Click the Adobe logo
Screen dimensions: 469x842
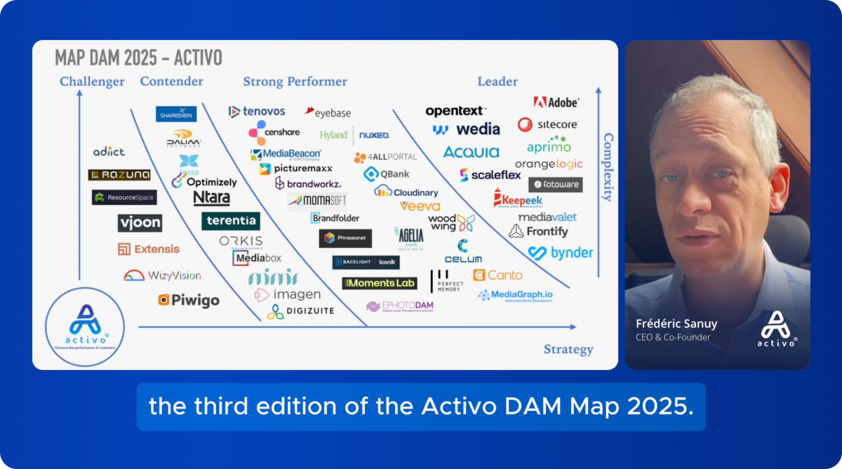pyautogui.click(x=556, y=103)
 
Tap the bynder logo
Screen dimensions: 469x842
pyautogui.click(x=561, y=253)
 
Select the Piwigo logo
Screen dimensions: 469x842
pyautogui.click(x=188, y=300)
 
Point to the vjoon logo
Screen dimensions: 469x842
pyautogui.click(x=140, y=223)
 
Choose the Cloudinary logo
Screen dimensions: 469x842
pyautogui.click(x=406, y=192)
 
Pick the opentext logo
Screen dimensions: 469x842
pyautogui.click(x=455, y=111)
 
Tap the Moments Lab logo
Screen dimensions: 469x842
pyautogui.click(x=380, y=283)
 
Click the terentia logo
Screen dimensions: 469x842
pyautogui.click(x=231, y=221)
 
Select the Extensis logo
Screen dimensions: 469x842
pyautogui.click(x=149, y=249)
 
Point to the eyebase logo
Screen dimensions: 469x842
pyautogui.click(x=328, y=112)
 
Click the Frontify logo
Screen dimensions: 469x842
pyautogui.click(x=538, y=231)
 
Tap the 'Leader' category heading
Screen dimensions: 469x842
pyautogui.click(x=497, y=81)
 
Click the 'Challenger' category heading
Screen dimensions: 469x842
pyautogui.click(x=92, y=81)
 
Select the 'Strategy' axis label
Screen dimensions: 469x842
pyautogui.click(x=568, y=349)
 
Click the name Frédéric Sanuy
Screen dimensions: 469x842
pyautogui.click(x=676, y=324)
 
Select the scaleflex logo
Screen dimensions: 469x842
pyautogui.click(x=490, y=175)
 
